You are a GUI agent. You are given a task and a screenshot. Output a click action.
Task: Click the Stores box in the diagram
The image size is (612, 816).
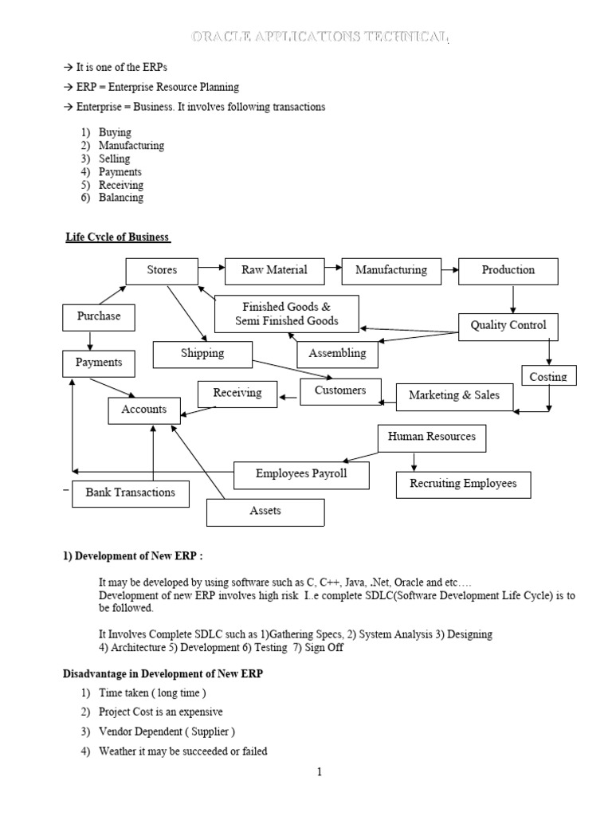[x=162, y=270]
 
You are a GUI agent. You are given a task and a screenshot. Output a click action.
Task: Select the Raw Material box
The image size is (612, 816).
[x=275, y=270]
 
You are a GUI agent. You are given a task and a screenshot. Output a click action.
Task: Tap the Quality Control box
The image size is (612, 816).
[x=508, y=325]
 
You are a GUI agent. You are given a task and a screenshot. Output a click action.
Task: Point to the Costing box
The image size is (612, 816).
[x=548, y=376]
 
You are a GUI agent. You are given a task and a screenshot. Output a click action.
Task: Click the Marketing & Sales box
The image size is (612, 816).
[x=454, y=395]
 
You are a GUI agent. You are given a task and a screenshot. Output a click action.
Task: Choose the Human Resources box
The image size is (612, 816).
[x=431, y=437]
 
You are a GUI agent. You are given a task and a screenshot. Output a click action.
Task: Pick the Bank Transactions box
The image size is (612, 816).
[x=131, y=492]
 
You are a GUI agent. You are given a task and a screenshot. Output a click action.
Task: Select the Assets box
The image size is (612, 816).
[x=265, y=512]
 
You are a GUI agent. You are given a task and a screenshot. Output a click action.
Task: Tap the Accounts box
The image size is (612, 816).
[x=144, y=410]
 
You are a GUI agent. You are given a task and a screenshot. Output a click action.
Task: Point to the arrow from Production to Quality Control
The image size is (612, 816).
[x=513, y=298]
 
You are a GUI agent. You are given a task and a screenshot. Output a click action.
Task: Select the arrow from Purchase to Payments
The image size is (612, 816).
[x=91, y=341]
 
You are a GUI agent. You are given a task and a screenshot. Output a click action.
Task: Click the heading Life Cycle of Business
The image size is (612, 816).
[x=118, y=238]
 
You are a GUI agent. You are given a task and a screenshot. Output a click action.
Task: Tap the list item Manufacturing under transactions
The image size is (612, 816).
[x=131, y=146]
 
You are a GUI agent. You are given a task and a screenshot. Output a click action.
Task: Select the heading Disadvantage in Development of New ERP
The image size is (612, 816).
[x=163, y=674]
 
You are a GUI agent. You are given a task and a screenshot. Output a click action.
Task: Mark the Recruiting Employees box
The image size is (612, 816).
[x=463, y=484]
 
